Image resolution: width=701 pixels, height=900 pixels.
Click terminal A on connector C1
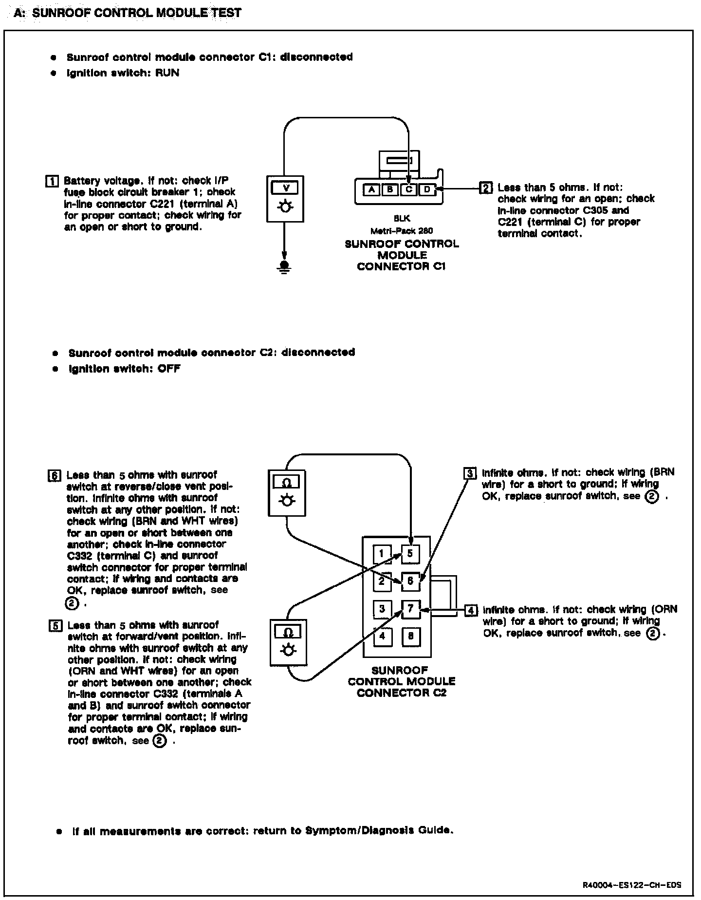coord(372,189)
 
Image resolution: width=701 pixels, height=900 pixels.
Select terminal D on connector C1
coord(427,189)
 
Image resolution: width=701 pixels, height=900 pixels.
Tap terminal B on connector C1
coord(390,189)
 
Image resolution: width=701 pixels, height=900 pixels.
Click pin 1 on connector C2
coord(382,553)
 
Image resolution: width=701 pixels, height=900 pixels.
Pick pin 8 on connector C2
coord(411,636)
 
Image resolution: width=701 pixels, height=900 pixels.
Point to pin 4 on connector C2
coord(382,636)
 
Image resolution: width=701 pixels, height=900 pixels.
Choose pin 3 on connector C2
coord(382,609)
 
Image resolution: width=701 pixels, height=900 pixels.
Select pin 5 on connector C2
coord(410,553)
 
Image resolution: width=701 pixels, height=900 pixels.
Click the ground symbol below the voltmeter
coord(285,266)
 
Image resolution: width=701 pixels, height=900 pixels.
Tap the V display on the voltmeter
coord(285,187)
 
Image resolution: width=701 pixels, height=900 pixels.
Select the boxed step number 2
coord(486,187)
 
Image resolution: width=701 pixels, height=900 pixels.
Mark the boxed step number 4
coord(471,610)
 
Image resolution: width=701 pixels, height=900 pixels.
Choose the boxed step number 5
coord(55,626)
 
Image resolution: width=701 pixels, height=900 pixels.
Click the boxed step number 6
coord(54,476)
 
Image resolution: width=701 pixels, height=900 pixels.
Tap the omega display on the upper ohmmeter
coord(287,482)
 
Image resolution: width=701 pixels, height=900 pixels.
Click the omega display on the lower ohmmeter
coord(288,632)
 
